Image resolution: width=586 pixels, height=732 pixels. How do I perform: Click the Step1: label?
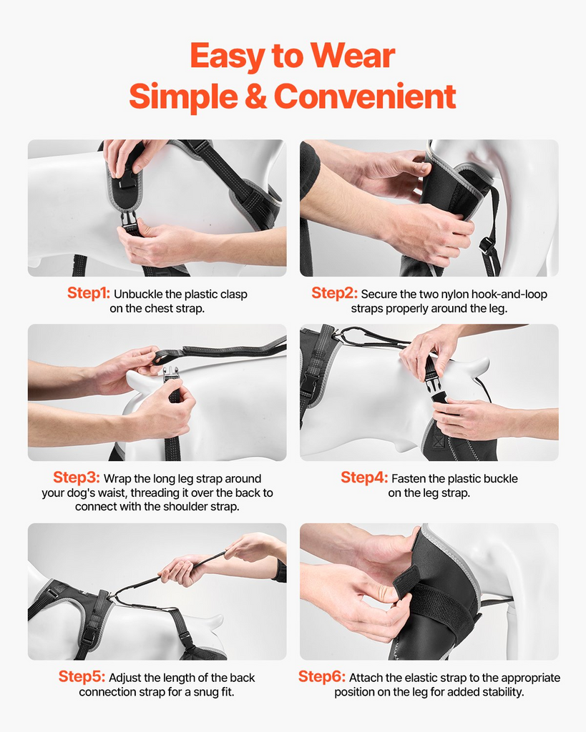(89, 293)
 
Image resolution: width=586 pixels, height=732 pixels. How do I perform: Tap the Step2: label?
(335, 293)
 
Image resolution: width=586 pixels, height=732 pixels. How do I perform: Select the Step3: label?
(77, 478)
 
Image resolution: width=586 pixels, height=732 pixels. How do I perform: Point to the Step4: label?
(364, 478)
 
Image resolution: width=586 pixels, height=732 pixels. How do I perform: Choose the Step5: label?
(82, 676)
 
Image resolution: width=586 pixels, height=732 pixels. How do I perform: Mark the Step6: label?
(322, 676)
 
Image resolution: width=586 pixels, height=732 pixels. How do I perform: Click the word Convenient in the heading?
(365, 97)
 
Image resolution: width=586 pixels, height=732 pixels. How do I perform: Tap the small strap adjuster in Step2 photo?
(487, 247)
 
